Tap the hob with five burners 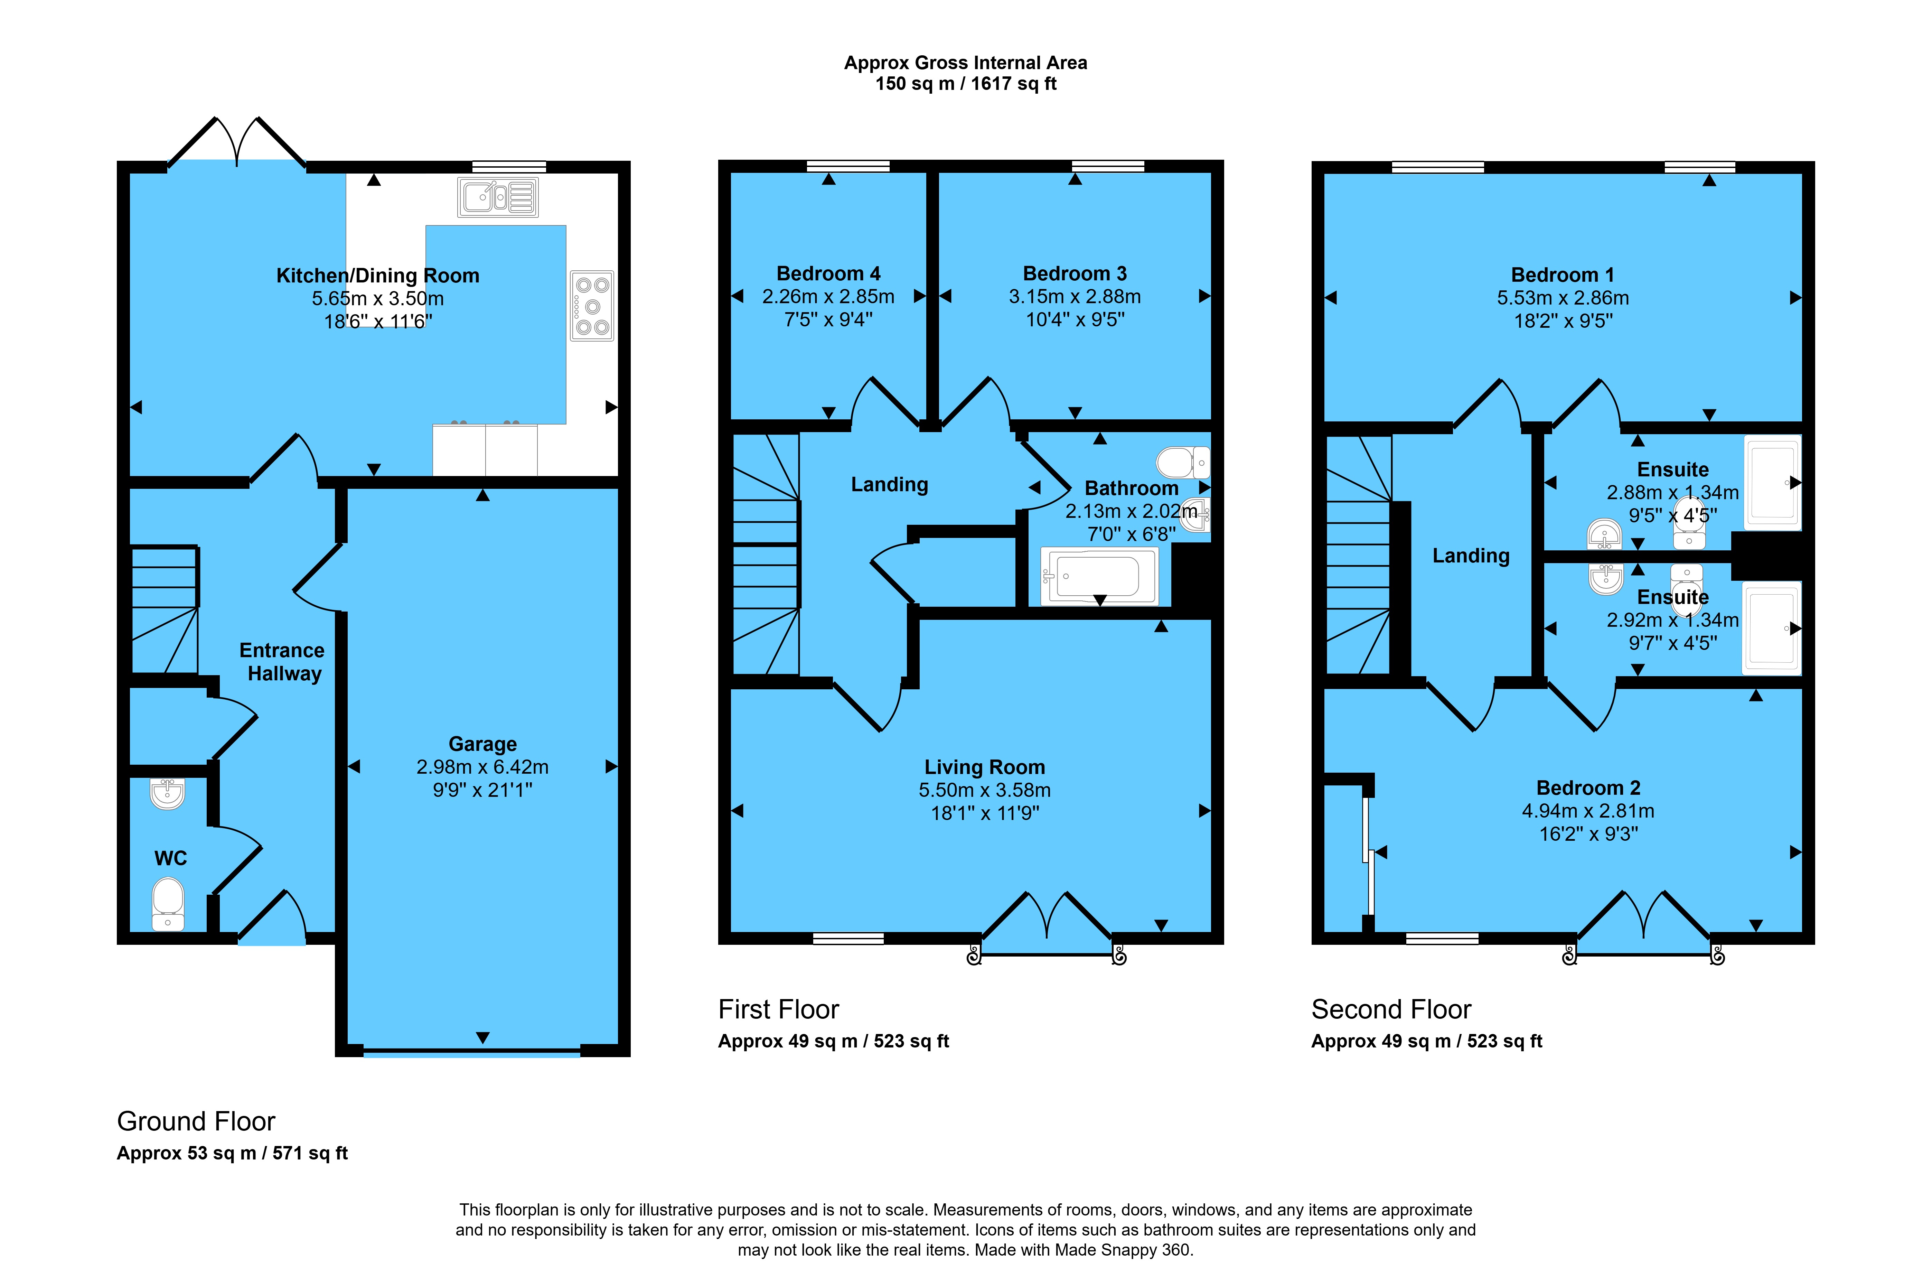(x=592, y=306)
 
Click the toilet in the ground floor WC (x=168, y=905)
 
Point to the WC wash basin (x=167, y=793)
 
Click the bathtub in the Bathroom (x=1099, y=576)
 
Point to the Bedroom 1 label (x=1563, y=275)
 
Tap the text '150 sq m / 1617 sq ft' (x=966, y=84)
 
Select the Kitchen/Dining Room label (x=378, y=276)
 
